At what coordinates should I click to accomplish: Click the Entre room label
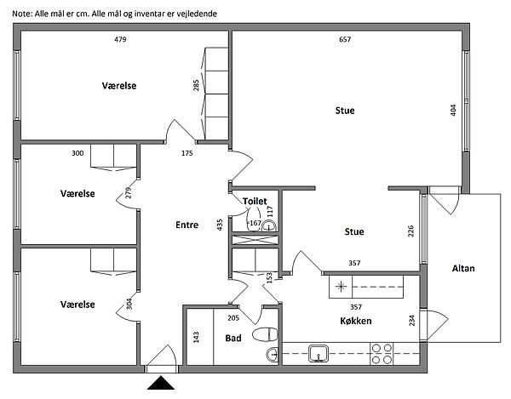click(x=187, y=225)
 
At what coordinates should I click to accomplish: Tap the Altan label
click(x=463, y=269)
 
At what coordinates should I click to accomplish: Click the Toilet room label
click(x=255, y=201)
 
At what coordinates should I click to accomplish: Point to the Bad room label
click(x=233, y=338)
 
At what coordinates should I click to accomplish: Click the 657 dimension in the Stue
click(x=344, y=40)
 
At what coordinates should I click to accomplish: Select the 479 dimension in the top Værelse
click(x=120, y=40)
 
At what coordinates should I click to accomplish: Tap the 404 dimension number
click(x=455, y=111)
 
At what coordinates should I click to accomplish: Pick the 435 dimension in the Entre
click(x=220, y=225)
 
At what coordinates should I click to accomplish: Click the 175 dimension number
click(x=187, y=153)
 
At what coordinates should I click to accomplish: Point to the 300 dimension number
click(x=78, y=153)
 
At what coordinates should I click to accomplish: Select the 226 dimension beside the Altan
click(x=411, y=232)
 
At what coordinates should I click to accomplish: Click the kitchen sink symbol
click(x=319, y=352)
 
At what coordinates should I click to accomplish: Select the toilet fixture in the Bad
click(x=265, y=333)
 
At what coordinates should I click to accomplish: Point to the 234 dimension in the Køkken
click(x=413, y=321)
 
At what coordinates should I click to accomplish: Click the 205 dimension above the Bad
click(x=233, y=317)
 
